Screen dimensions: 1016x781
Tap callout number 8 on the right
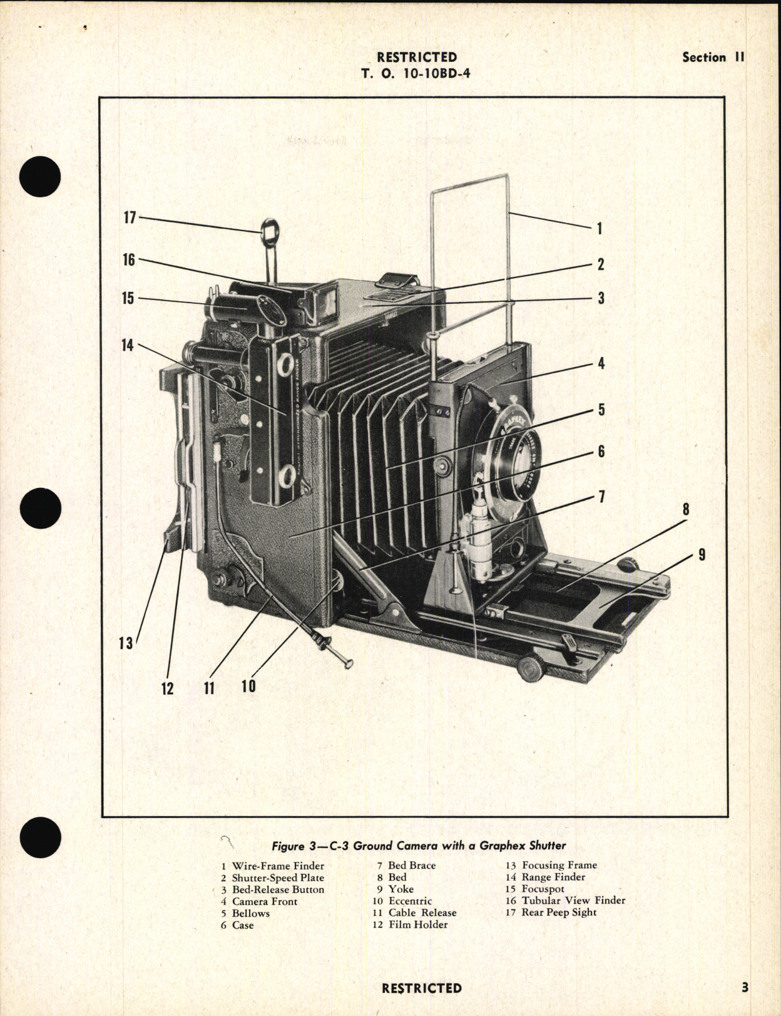click(685, 509)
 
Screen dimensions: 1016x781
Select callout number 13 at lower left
click(126, 643)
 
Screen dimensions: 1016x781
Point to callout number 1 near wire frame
click(599, 228)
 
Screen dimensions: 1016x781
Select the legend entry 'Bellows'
click(250, 913)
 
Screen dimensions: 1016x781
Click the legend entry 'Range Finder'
click(553, 877)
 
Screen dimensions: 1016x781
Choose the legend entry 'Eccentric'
click(410, 901)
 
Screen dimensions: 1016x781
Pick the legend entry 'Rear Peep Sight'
click(559, 912)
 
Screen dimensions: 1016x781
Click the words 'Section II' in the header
click(713, 57)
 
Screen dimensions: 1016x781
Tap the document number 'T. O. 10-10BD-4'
click(416, 73)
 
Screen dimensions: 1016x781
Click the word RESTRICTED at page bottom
click(421, 988)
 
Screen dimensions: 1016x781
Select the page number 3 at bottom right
click(745, 988)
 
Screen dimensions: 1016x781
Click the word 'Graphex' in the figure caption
click(503, 845)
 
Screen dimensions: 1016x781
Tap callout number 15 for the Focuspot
click(128, 298)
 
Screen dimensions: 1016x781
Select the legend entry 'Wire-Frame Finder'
click(278, 866)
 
